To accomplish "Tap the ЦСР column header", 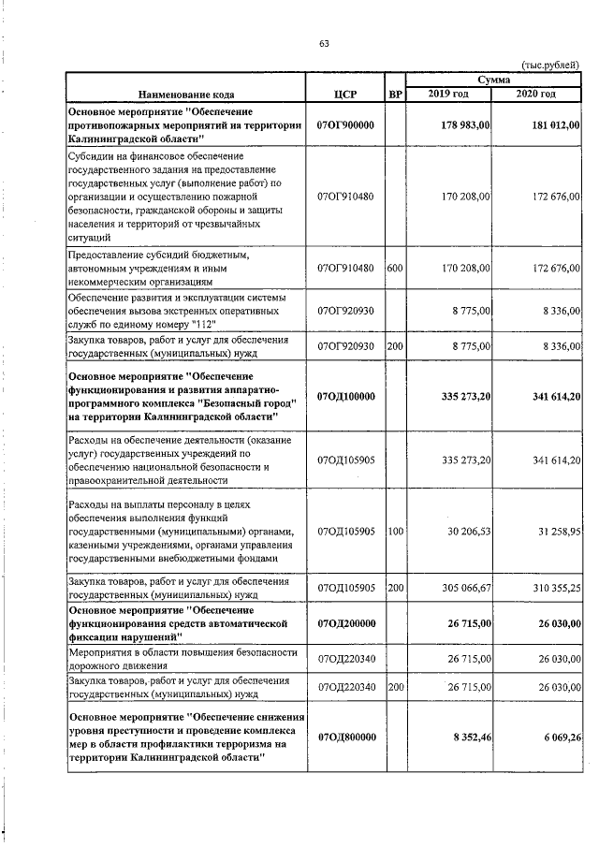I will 345,95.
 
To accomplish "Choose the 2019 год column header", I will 448,95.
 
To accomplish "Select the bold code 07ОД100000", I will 345,397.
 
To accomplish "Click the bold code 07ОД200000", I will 345,621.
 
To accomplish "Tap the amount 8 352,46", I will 472,737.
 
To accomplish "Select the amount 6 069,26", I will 559,737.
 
